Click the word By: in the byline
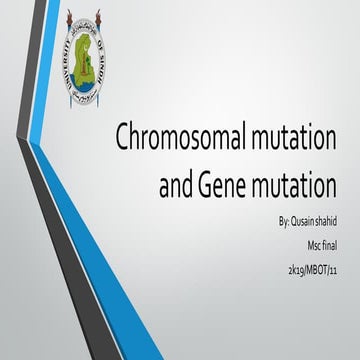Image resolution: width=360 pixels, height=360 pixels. click(x=264, y=219)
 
